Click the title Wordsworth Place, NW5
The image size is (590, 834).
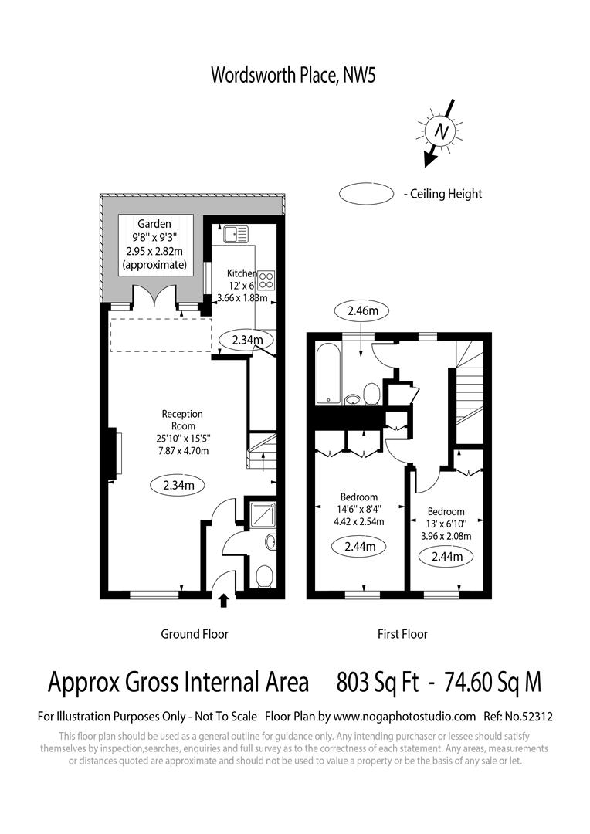click(293, 75)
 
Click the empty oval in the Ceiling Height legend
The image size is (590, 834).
click(366, 194)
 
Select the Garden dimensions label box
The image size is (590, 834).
click(154, 243)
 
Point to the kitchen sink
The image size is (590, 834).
click(234, 232)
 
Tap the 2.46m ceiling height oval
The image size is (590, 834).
click(361, 311)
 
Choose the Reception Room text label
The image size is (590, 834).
click(183, 420)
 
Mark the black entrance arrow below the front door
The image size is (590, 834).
click(225, 600)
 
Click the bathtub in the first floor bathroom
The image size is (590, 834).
click(327, 374)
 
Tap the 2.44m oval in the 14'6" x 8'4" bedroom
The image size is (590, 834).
click(360, 547)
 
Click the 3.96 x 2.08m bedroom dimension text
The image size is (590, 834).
click(446, 536)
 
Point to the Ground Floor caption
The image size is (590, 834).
click(194, 634)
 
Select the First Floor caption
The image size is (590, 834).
click(402, 634)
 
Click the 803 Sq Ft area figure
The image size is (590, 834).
click(378, 683)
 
